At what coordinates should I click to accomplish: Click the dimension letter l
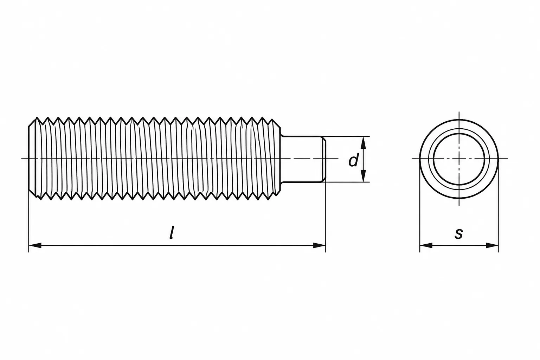click(x=172, y=233)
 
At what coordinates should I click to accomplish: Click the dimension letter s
click(x=459, y=234)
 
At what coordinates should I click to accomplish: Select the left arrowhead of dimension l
click(x=35, y=245)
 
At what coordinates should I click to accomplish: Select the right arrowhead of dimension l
click(x=320, y=245)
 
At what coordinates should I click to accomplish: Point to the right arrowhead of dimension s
click(x=492, y=245)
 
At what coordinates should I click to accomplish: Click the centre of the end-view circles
click(x=459, y=159)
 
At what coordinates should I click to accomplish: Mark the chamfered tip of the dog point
click(x=324, y=159)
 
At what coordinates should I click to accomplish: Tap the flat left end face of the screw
click(x=29, y=159)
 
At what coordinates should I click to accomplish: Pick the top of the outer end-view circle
click(x=459, y=120)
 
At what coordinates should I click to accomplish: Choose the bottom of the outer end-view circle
click(x=459, y=198)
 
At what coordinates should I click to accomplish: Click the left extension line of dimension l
click(x=29, y=222)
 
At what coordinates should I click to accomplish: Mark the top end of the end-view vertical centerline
click(x=459, y=112)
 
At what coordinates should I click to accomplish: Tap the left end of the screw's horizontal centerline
click(x=21, y=159)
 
